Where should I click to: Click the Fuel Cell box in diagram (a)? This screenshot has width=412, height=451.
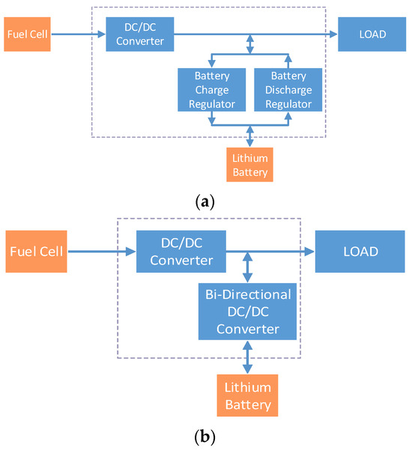(x=27, y=34)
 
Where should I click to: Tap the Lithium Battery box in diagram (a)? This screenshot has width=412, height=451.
(x=249, y=165)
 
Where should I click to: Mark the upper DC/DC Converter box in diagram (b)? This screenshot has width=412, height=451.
(x=181, y=252)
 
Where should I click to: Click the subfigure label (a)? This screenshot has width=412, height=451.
(x=206, y=201)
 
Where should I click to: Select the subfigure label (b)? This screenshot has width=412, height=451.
(x=206, y=434)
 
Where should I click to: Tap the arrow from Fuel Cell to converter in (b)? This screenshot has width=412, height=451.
(x=101, y=252)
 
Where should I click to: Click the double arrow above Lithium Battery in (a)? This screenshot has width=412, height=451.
(x=249, y=136)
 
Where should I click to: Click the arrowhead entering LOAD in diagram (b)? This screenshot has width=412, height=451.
(x=309, y=252)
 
